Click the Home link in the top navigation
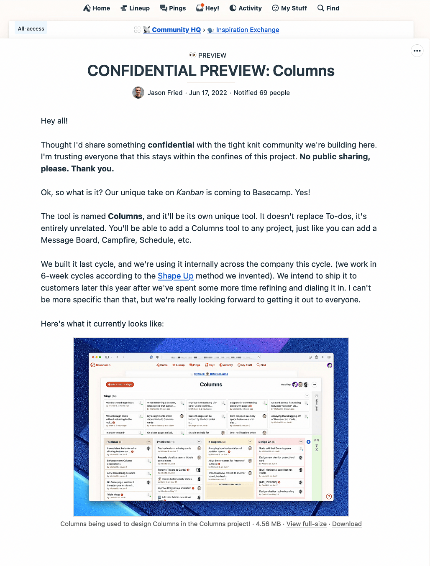pos(97,8)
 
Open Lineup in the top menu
pos(135,8)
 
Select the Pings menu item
pos(173,8)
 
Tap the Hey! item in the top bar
pos(207,8)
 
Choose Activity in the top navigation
pos(246,8)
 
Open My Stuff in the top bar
pos(289,8)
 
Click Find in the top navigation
pos(328,8)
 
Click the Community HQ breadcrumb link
pos(176,30)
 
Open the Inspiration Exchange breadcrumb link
pos(247,30)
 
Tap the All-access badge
pos(31,28)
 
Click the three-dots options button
pos(417,51)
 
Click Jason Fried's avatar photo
pos(138,92)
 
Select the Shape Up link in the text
pos(176,276)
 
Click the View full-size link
pos(306,524)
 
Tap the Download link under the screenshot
pos(347,524)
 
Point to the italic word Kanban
pos(190,192)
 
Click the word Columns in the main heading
pos(304,71)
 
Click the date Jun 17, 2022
pos(208,92)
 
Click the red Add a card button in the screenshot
pos(120,384)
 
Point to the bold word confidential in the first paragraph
pos(171,145)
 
